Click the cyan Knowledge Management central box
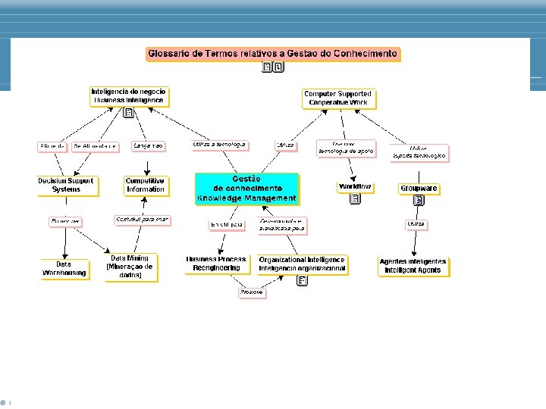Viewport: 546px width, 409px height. coord(246,189)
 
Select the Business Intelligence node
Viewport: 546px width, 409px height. coord(128,95)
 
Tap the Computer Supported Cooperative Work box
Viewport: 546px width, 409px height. coord(337,98)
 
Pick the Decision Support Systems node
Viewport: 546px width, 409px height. coord(67,185)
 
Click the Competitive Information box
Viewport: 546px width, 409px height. coord(146,185)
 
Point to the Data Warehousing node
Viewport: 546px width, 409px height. coord(64,269)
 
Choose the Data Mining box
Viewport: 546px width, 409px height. coord(131,267)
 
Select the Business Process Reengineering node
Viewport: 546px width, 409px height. coord(216,264)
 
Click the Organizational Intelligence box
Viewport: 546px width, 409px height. coord(302,264)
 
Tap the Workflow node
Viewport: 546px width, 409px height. coord(355,186)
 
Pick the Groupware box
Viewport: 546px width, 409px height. coord(419,189)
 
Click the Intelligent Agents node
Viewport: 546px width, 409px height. coord(413,266)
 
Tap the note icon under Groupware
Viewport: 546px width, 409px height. coord(418,201)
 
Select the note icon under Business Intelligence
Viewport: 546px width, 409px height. coord(129,113)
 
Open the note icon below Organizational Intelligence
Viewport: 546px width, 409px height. coord(302,281)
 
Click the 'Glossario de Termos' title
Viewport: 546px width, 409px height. coord(272,54)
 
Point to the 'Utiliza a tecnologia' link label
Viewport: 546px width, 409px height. coord(220,144)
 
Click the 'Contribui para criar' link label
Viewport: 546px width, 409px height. coord(142,220)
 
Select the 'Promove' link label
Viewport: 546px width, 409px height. coord(252,292)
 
